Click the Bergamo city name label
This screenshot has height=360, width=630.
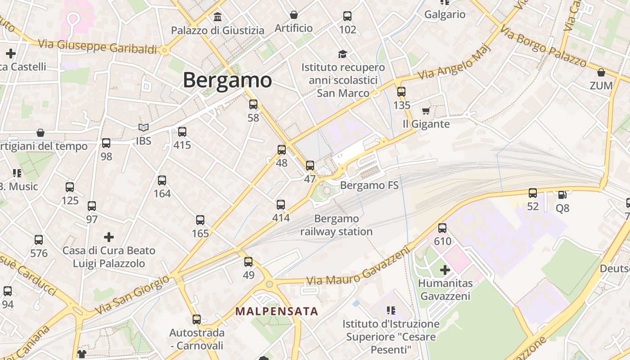[x=227, y=80]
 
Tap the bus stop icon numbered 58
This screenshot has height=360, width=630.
[x=253, y=104]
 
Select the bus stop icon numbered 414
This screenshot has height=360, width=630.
[x=281, y=205]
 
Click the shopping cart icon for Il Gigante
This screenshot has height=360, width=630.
[x=426, y=111]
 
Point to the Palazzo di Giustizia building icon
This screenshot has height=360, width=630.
[x=218, y=17]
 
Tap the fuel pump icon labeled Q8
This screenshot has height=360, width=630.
[x=562, y=194]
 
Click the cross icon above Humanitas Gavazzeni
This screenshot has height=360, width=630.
[x=445, y=270]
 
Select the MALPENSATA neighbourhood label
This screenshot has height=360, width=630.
[x=277, y=311]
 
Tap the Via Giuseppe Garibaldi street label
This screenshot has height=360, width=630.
[x=98, y=46]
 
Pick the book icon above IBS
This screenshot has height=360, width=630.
[x=144, y=128]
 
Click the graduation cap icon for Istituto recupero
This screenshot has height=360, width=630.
[x=343, y=54]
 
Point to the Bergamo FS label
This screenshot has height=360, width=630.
[x=369, y=185]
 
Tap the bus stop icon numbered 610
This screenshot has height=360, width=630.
[x=442, y=228]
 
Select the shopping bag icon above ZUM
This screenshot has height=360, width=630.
[x=601, y=72]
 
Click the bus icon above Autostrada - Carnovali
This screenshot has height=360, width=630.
[x=197, y=319]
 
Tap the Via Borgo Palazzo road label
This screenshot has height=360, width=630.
[x=543, y=47]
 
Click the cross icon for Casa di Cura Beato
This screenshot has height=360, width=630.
[x=108, y=237]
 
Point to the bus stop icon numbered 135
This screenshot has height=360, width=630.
[x=401, y=92]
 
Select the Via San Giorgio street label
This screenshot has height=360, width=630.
[x=133, y=294]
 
